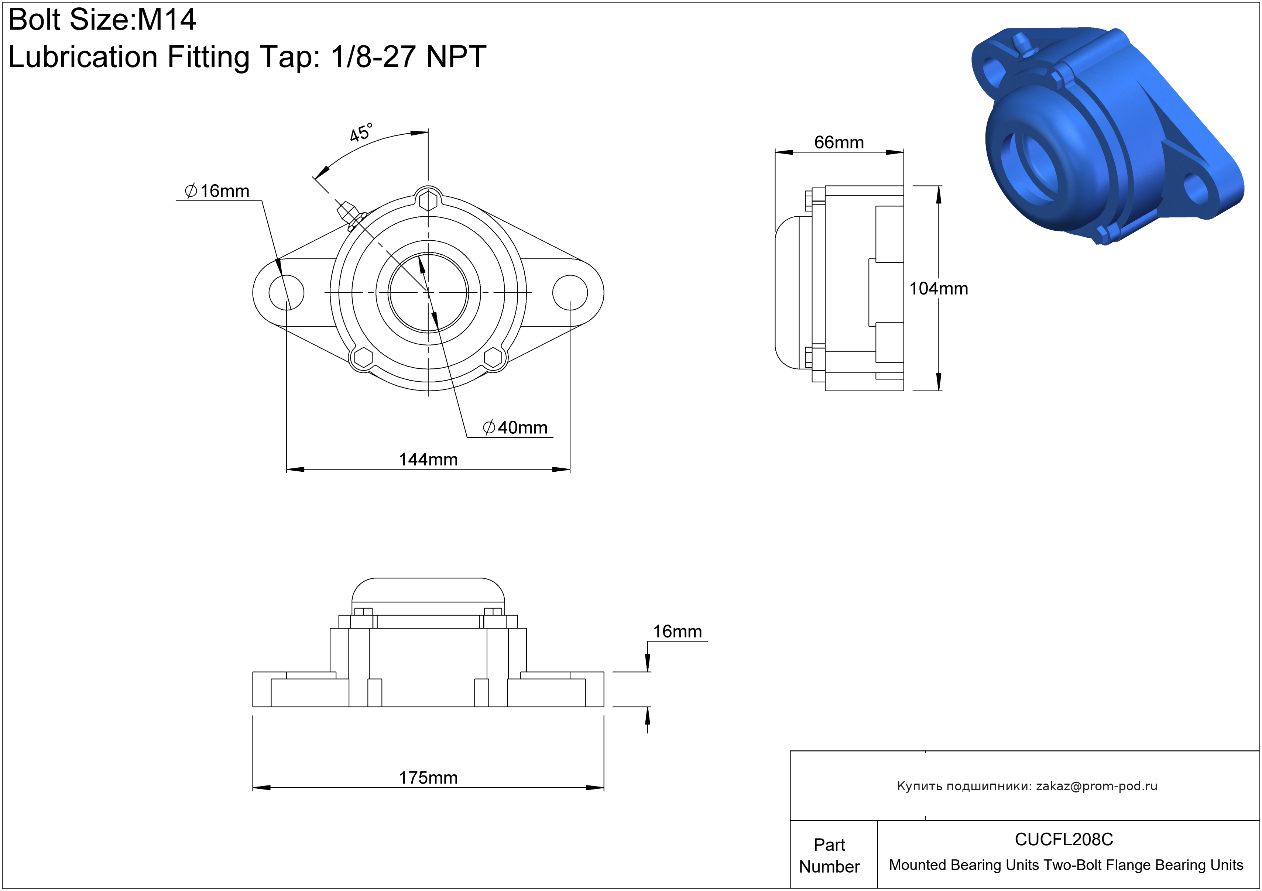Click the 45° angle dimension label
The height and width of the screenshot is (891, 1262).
[x=361, y=133]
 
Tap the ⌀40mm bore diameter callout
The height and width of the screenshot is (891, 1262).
[x=515, y=427]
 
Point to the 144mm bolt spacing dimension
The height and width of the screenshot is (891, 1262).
[x=428, y=459]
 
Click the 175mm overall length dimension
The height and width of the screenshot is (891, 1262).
[x=428, y=778]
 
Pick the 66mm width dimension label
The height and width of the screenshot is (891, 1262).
[x=839, y=142]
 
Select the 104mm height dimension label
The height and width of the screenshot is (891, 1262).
[x=938, y=288]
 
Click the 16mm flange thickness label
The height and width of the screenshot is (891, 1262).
[x=677, y=632]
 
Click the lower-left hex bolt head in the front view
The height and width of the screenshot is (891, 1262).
[x=363, y=358]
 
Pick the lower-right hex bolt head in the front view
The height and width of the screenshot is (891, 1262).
[x=494, y=358]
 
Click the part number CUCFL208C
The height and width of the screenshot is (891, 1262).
[x=1064, y=839]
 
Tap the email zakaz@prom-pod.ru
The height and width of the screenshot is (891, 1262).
[x=1097, y=786]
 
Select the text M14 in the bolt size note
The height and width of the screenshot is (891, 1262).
[x=167, y=20]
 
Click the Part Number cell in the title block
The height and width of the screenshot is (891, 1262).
[x=829, y=855]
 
